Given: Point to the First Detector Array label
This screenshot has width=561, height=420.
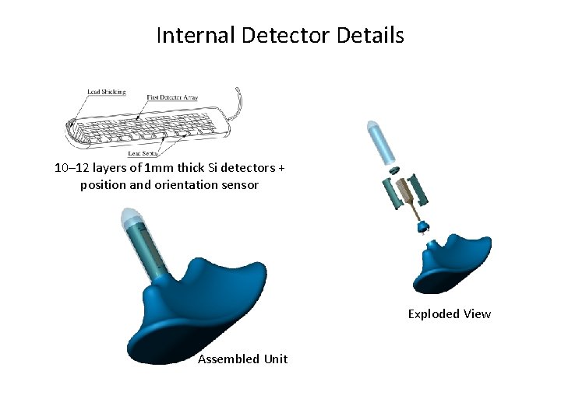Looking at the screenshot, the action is click(172, 97).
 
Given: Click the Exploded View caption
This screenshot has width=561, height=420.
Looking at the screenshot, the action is click(450, 314).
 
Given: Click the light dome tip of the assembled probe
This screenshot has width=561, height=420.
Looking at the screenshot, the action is click(129, 217).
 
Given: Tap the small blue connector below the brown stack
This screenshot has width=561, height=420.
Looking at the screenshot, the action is click(425, 226).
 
